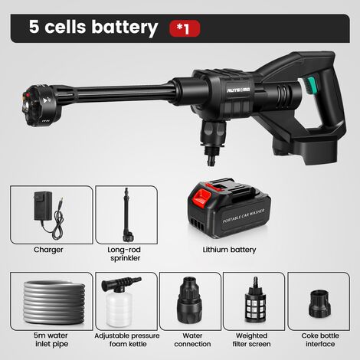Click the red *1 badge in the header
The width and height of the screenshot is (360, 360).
[185, 28]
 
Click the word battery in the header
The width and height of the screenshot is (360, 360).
[125, 28]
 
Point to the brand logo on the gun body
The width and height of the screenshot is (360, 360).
[239, 90]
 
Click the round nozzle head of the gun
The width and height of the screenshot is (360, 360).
[41, 105]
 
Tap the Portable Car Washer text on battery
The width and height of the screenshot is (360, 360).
[244, 216]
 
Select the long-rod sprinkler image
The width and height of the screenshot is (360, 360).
[126, 215]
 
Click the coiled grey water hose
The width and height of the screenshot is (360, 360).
[54, 302]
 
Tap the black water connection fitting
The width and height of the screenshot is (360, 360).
[190, 299]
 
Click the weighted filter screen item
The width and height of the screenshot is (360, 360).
[255, 300]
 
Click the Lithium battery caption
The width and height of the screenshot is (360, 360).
[229, 250]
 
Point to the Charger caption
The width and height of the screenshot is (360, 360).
[48, 250]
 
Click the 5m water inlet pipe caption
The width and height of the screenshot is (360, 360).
[51, 339]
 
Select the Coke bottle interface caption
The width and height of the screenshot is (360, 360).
[320, 339]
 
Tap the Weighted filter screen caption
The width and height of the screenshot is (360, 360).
[251, 339]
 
